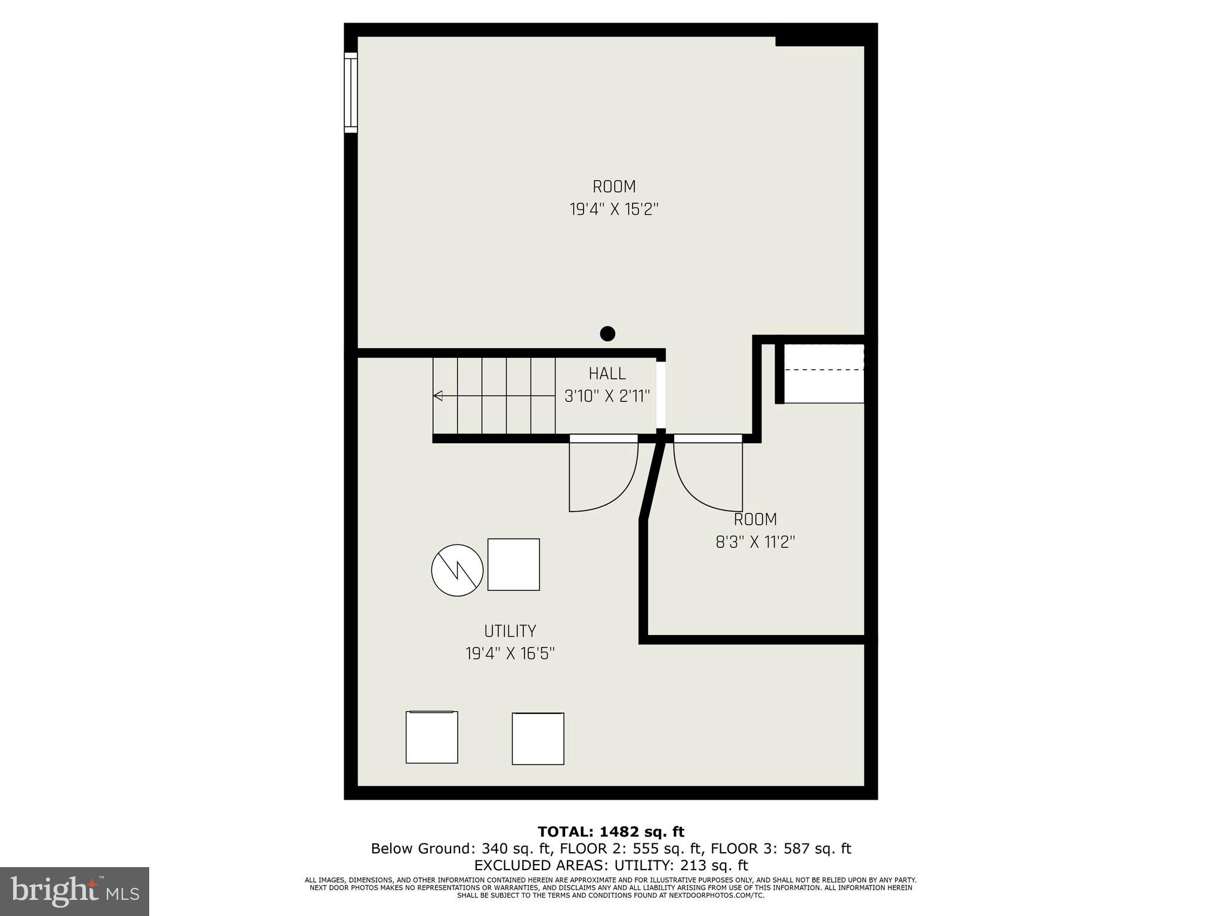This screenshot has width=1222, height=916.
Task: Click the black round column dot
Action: [x=607, y=333]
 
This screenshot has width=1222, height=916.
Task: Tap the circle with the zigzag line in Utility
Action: [x=457, y=570]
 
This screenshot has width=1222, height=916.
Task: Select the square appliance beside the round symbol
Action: [x=514, y=564]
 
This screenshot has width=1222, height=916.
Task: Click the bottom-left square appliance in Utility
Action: [x=431, y=737]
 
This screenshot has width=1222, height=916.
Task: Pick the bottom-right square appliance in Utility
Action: [x=538, y=738]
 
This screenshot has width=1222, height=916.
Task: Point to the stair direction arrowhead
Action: [x=437, y=395]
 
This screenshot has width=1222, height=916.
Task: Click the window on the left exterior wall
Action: [x=350, y=92]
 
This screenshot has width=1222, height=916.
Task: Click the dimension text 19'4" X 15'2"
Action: [x=614, y=210]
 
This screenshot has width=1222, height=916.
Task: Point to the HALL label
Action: [x=607, y=374]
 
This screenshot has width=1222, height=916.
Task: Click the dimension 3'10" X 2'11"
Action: [x=607, y=397]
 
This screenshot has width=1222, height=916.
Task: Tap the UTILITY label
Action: [x=510, y=631]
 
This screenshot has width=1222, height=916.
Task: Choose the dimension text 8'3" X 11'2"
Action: [x=755, y=542]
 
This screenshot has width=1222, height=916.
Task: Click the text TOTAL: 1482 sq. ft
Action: [x=610, y=832]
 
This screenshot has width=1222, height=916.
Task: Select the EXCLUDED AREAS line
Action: [x=610, y=865]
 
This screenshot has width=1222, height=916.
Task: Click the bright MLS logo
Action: [x=75, y=891]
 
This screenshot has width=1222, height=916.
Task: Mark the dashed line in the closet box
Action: [x=823, y=370]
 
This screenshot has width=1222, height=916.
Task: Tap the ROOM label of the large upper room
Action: [x=614, y=187]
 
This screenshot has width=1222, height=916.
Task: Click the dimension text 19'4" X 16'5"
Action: [x=510, y=654]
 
